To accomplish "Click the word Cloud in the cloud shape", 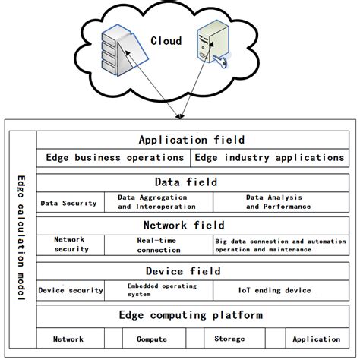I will click(166, 41).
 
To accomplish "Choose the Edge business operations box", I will click(114, 158).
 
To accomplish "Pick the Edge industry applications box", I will click(270, 158).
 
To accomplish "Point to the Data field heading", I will click(186, 182).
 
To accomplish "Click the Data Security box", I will click(69, 203).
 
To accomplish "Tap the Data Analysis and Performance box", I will click(278, 202).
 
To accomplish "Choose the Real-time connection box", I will click(158, 245).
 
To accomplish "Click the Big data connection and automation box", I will click(279, 245).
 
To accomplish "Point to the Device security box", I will click(71, 290).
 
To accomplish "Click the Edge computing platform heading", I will click(191, 315).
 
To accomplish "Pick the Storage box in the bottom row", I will click(229, 339).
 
